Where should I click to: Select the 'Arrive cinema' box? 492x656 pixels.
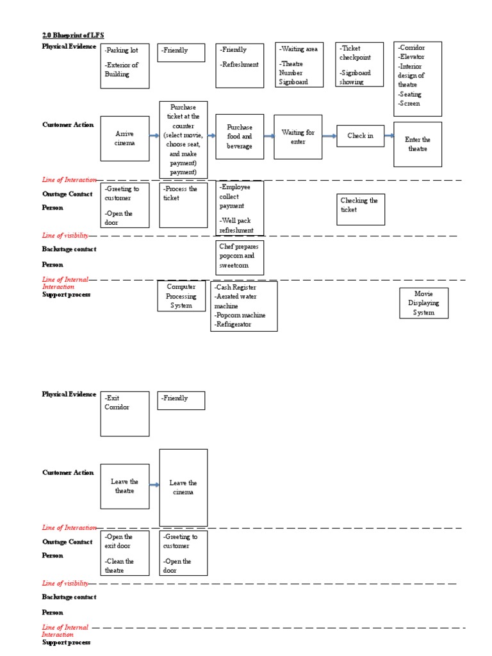[125, 138]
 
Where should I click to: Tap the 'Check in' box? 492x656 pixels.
[360, 136]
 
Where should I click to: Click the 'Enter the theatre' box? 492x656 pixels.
[417, 144]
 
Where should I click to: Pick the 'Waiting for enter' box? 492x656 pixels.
[298, 137]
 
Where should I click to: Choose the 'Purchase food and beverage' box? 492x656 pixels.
[240, 137]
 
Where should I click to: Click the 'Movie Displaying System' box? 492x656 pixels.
[423, 303]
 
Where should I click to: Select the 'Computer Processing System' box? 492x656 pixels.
[181, 297]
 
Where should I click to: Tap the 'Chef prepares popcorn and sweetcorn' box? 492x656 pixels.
[240, 256]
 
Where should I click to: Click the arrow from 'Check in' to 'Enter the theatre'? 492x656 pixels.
[388, 136]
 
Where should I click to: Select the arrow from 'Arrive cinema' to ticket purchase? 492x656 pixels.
[154, 136]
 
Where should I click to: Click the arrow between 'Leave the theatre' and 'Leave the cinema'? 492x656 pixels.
[154, 486]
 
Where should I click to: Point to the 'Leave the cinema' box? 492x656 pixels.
[183, 488]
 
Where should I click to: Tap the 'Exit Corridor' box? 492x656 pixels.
[125, 414]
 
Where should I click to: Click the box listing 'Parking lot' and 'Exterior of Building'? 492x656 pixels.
[125, 65]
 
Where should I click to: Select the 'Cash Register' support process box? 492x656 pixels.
[243, 307]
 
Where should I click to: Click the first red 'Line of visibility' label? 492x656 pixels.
[65, 236]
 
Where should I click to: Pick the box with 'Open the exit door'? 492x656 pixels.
[125, 553]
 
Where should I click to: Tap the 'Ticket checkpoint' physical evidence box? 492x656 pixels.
[359, 65]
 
